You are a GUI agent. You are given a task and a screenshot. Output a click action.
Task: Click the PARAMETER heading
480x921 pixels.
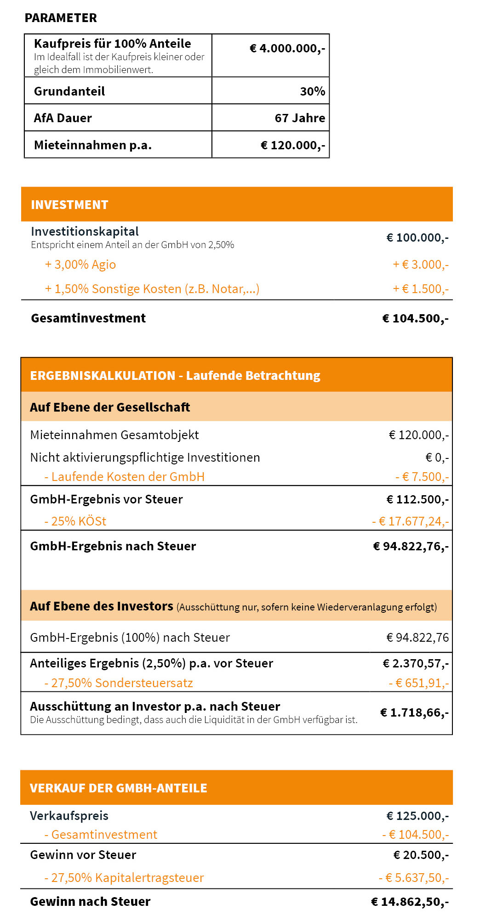pos(61,18)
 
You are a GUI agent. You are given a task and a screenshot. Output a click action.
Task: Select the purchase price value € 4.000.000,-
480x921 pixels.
pos(287,48)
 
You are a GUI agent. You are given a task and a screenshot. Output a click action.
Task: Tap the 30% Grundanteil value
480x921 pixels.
pos(312,91)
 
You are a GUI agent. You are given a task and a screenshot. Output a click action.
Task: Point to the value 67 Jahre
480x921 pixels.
pos(300,118)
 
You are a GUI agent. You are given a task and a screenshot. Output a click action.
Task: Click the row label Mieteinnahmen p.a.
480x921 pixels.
pos(92,145)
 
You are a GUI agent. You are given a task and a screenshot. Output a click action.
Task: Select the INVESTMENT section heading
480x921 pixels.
pos(69,205)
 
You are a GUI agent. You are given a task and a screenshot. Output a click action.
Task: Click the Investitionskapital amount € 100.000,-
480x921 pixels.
pos(417,237)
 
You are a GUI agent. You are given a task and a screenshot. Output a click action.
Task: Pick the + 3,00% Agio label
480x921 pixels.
pos(80,265)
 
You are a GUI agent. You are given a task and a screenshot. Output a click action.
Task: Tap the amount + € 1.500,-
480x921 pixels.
pos(420,289)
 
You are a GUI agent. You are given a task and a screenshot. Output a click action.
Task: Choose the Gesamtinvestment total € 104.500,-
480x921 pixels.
pos(415,318)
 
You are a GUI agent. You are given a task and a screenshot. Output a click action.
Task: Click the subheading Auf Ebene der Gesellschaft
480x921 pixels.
pos(110,407)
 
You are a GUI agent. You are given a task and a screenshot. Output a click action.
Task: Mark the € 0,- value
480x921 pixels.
pos(437,458)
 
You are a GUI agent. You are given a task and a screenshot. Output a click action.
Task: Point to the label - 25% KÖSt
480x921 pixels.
pos(75,521)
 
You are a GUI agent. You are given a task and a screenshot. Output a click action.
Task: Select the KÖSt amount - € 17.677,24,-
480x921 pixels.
pos(410,521)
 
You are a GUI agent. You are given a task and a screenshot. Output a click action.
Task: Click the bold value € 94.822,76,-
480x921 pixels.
pos(411,546)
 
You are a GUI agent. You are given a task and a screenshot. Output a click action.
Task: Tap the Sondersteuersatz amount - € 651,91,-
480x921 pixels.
pos(418,683)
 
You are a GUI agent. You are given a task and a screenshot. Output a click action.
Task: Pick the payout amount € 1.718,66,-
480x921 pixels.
pos(414,712)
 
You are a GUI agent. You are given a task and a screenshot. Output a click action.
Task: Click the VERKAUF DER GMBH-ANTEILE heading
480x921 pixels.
pos(119,788)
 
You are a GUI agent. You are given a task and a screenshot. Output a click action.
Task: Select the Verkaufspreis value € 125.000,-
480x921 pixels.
pos(417,816)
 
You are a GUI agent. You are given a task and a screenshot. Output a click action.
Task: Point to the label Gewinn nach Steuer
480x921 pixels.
pos(90,902)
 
